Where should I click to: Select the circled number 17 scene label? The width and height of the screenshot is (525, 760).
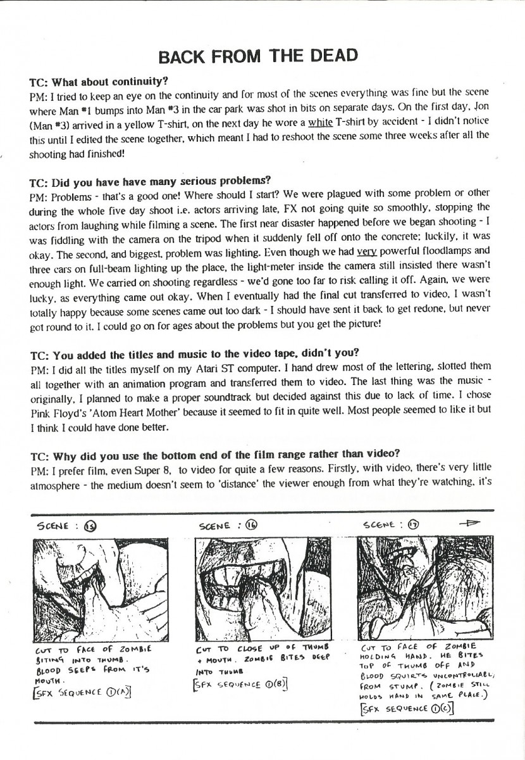[x=415, y=524]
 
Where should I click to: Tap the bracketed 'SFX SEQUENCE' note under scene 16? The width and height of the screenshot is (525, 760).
[x=241, y=684]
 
